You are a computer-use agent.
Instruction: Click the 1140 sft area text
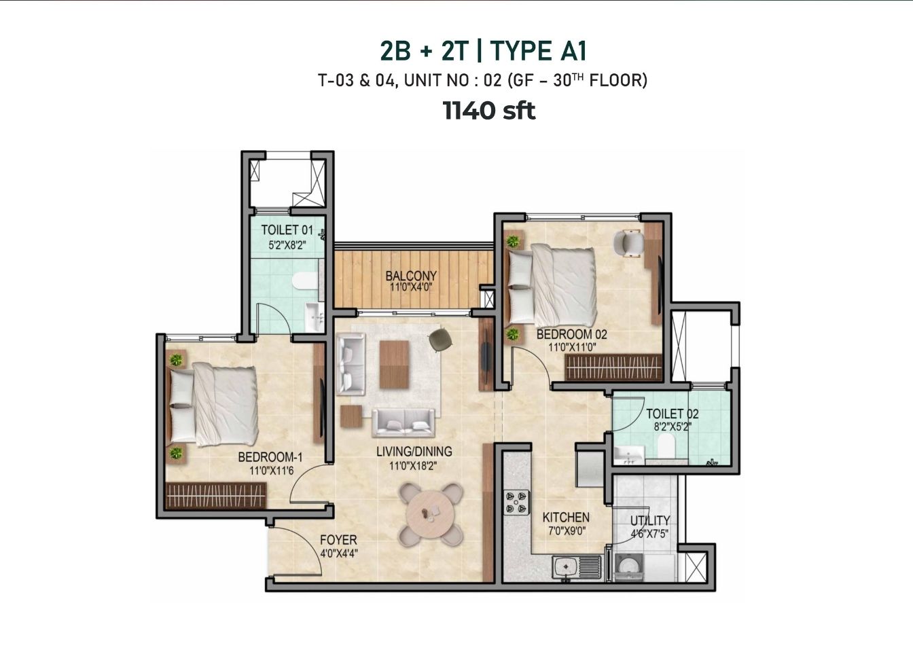click(x=488, y=111)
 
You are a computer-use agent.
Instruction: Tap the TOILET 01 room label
click(x=287, y=230)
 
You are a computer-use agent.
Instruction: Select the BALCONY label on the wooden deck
click(x=411, y=276)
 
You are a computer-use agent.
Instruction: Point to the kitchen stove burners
click(x=516, y=502)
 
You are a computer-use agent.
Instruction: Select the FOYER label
click(x=338, y=541)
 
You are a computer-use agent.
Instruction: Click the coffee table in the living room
click(x=394, y=364)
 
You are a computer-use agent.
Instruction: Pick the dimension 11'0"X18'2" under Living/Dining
click(x=414, y=466)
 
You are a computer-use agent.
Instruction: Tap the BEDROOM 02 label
click(x=571, y=335)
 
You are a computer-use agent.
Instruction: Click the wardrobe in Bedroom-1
click(x=216, y=496)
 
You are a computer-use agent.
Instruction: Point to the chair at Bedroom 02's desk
click(x=628, y=243)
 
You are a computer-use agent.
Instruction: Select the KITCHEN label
click(x=566, y=518)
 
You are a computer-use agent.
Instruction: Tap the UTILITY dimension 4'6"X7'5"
click(x=649, y=533)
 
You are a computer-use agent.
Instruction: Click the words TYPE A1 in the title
click(x=538, y=52)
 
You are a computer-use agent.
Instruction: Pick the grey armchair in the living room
click(x=440, y=340)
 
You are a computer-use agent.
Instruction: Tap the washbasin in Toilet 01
click(x=314, y=316)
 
